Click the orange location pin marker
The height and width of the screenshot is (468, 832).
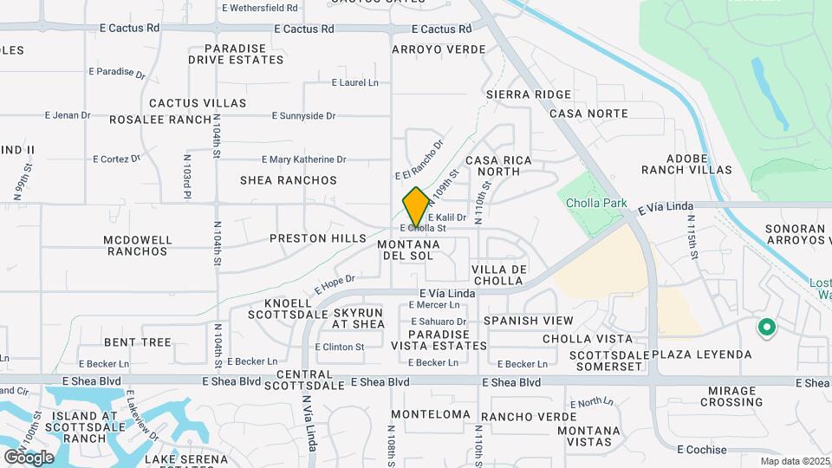pos(416,207)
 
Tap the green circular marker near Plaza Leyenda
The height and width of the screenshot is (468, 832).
pos(766,328)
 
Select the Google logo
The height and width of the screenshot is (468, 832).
pos(29,457)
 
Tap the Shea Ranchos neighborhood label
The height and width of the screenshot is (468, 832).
pos(289,180)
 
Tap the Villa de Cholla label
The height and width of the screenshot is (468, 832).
pos(511,276)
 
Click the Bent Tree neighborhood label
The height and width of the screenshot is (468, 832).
pos(138,342)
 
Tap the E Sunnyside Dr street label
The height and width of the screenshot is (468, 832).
pos(303,115)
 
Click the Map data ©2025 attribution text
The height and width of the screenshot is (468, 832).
pos(796,461)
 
